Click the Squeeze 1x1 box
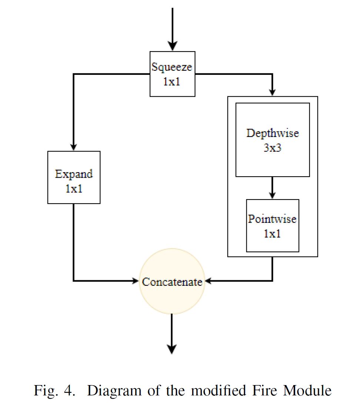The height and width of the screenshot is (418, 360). [x=172, y=74]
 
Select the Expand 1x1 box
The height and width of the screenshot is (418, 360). [x=74, y=177]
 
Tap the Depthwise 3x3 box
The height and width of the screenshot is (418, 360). [x=272, y=140]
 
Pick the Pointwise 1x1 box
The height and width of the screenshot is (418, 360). [x=272, y=225]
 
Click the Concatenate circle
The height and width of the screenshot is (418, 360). [x=172, y=282]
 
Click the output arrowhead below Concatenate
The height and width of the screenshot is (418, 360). [x=172, y=349]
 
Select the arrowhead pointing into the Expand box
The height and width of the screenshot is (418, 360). [x=74, y=146]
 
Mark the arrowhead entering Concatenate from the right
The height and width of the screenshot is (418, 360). [x=208, y=281]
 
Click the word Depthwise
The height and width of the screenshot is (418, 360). [x=272, y=133]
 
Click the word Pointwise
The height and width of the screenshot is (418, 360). [x=272, y=219]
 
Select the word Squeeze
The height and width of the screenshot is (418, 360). [x=172, y=67]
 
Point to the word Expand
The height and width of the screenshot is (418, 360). [x=74, y=174]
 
